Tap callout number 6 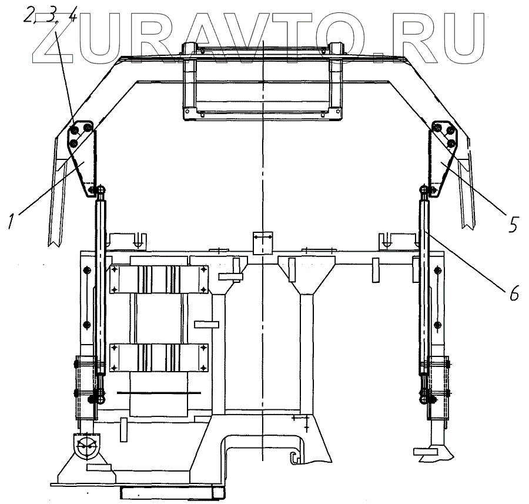point(513,292)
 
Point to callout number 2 point(28,16)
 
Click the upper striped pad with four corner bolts point(159,279)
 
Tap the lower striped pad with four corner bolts point(159,358)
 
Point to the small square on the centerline point(263,242)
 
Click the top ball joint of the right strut point(424,190)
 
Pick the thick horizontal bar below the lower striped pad point(159,392)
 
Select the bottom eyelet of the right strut point(424,400)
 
